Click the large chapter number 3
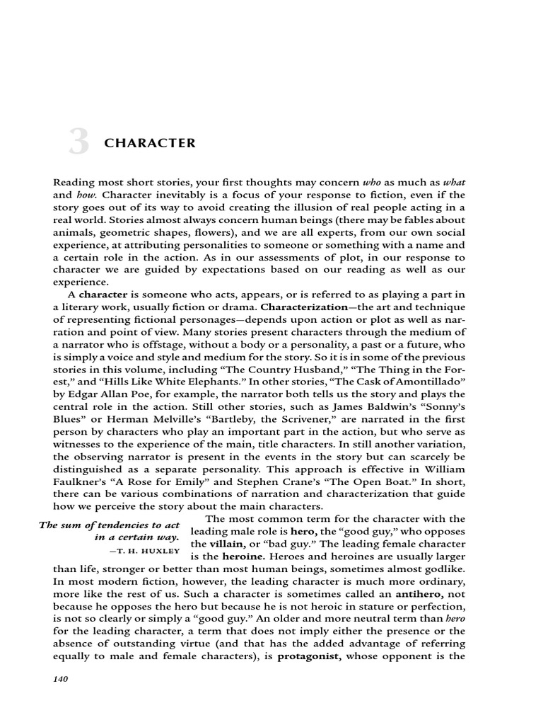(x=78, y=144)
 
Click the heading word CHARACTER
(x=150, y=143)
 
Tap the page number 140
(x=63, y=679)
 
